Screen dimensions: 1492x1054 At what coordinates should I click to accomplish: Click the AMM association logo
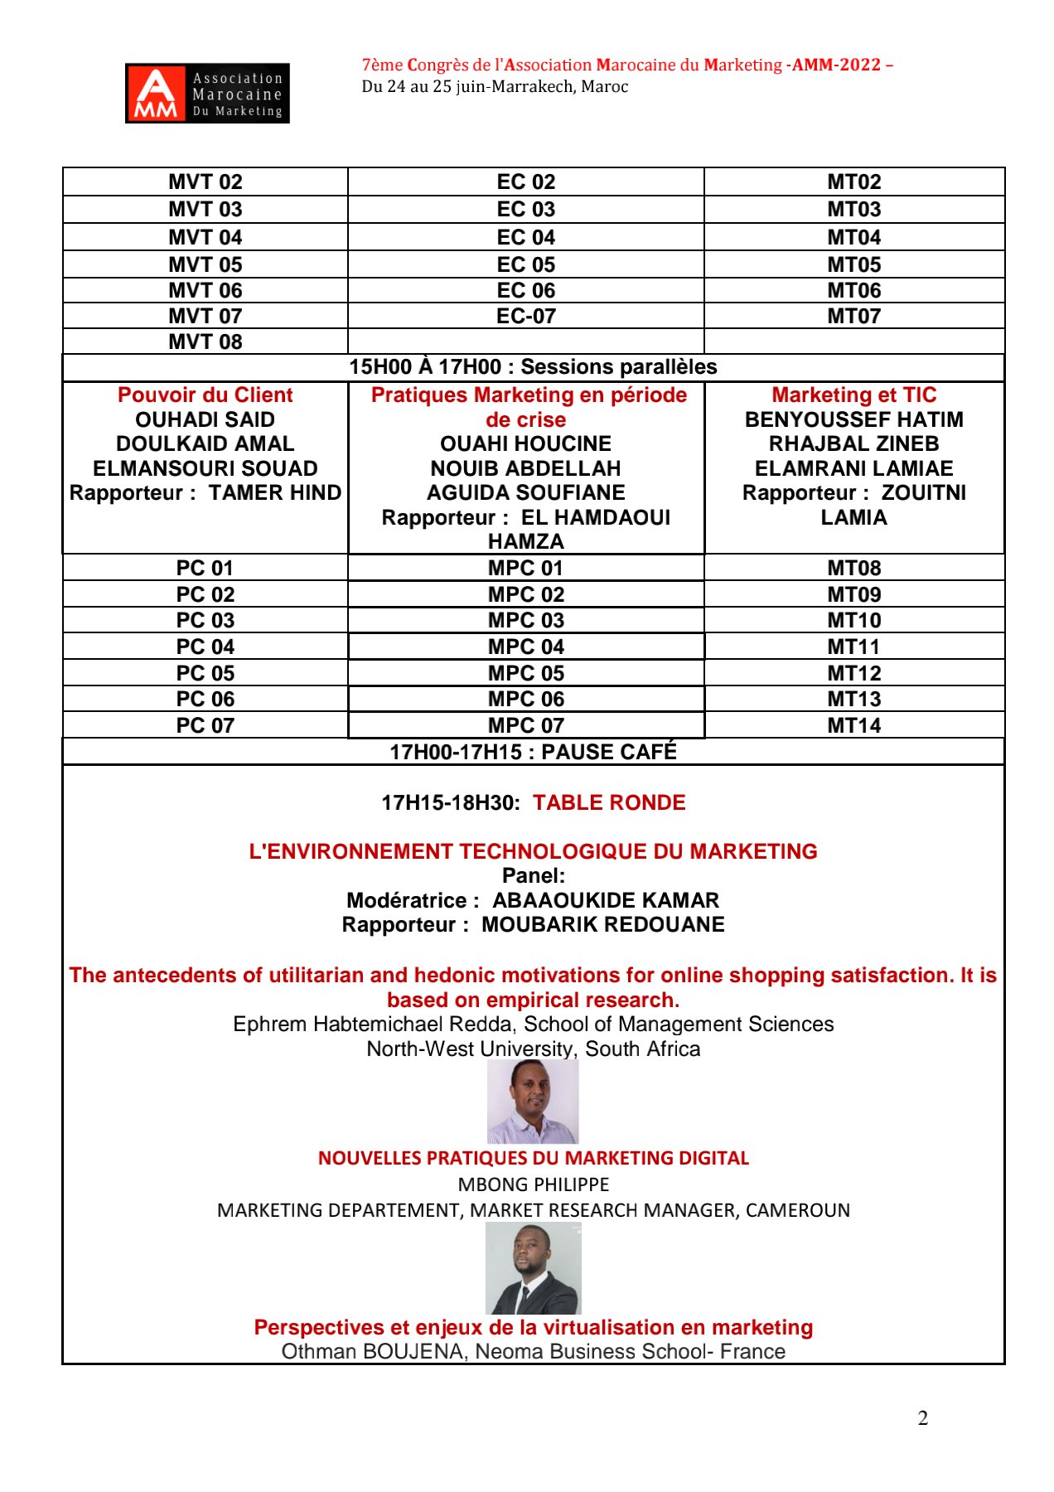point(207,93)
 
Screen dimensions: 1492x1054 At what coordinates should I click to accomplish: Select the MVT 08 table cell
point(205,342)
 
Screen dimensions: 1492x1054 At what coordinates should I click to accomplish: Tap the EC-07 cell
point(525,316)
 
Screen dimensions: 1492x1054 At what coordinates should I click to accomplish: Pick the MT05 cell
point(853,264)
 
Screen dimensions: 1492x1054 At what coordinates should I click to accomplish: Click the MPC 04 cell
point(525,647)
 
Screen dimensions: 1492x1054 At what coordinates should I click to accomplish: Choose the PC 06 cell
point(205,699)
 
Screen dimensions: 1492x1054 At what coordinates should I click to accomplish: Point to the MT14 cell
point(853,725)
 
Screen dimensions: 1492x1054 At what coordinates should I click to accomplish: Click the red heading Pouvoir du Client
point(205,395)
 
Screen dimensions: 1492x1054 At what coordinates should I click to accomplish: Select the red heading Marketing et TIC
point(853,395)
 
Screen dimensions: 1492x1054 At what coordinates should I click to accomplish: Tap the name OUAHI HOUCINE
point(525,444)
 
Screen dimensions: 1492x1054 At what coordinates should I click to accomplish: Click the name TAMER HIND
point(274,493)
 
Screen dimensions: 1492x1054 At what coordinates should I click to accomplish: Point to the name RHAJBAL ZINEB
point(853,444)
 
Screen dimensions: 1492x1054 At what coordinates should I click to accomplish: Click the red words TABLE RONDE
point(609,802)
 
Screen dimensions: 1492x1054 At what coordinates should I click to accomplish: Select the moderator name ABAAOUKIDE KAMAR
point(606,900)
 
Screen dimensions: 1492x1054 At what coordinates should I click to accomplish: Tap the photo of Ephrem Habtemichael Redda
point(533,1102)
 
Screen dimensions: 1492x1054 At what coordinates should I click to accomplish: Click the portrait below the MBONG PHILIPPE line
point(533,1268)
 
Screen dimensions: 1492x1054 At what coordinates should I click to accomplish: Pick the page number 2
point(922,1418)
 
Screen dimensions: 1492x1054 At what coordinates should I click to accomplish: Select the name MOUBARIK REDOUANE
point(602,925)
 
